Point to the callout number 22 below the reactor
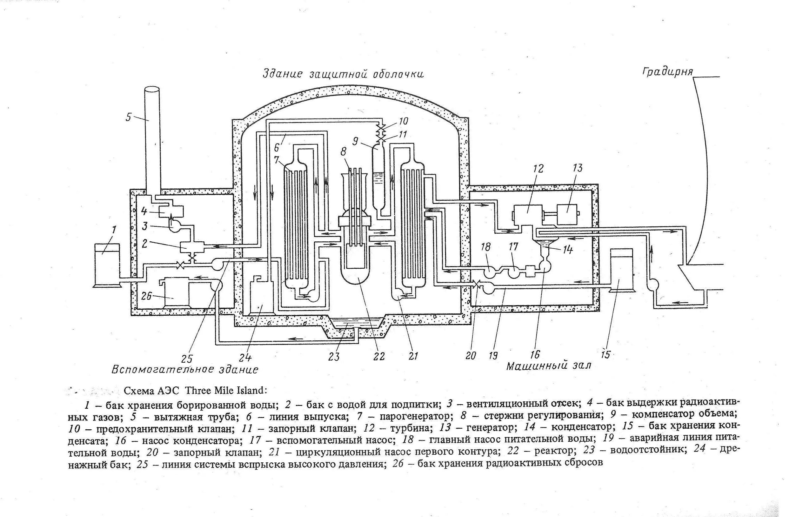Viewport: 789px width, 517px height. pyautogui.click(x=378, y=357)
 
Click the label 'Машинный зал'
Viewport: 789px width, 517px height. pyautogui.click(x=549, y=366)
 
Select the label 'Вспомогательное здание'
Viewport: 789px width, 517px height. pyautogui.click(x=185, y=369)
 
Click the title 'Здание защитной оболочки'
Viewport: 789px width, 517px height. pyautogui.click(x=343, y=74)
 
